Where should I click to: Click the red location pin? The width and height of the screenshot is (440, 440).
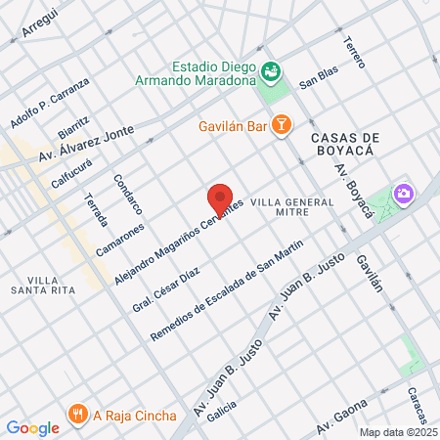tap(221, 199)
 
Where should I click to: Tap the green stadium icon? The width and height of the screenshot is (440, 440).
tap(271, 69)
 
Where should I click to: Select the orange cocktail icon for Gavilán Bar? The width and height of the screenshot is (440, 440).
tap(281, 124)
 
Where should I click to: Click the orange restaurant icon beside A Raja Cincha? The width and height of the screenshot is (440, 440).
tap(78, 414)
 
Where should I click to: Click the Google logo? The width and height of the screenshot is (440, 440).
tap(32, 427)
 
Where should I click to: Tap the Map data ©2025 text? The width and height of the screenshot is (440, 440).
tap(397, 431)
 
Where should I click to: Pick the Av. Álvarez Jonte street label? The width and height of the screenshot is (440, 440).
tap(85, 146)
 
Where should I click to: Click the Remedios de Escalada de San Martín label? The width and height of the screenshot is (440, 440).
tap(227, 290)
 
